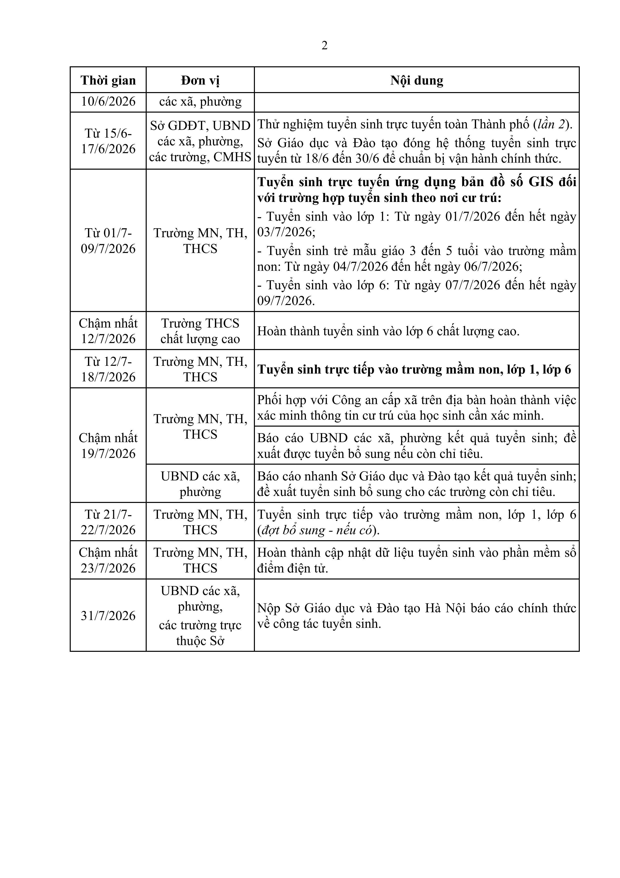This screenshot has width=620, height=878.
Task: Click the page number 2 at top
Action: click(324, 46)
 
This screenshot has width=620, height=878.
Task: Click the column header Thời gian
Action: click(108, 80)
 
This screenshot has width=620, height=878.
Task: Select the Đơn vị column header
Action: click(200, 80)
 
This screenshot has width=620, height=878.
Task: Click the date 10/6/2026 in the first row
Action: click(108, 101)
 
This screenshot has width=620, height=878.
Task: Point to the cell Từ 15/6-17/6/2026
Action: click(108, 141)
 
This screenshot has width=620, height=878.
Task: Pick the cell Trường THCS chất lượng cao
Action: click(200, 331)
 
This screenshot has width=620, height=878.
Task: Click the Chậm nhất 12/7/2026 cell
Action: click(108, 331)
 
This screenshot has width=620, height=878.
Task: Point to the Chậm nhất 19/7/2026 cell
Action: click(108, 445)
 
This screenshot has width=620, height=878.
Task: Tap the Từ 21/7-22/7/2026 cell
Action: click(108, 522)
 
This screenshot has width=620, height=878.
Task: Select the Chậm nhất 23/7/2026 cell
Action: click(108, 560)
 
